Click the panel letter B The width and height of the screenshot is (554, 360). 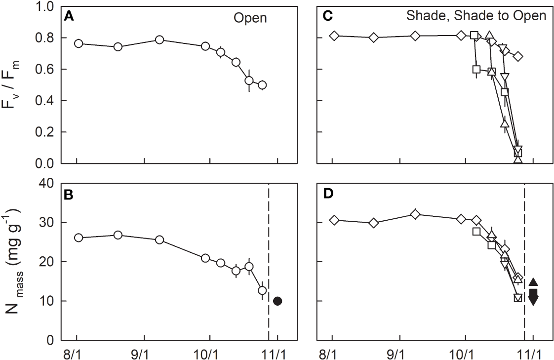(69, 194)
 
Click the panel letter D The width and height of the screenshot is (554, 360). (325, 194)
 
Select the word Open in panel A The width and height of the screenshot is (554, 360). (249, 18)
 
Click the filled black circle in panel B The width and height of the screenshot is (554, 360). (277, 301)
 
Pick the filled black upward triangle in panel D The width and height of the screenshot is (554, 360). (533, 282)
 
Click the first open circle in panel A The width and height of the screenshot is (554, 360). (78, 43)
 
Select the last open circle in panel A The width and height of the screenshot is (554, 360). (262, 85)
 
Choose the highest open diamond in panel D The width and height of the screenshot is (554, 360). (415, 214)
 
